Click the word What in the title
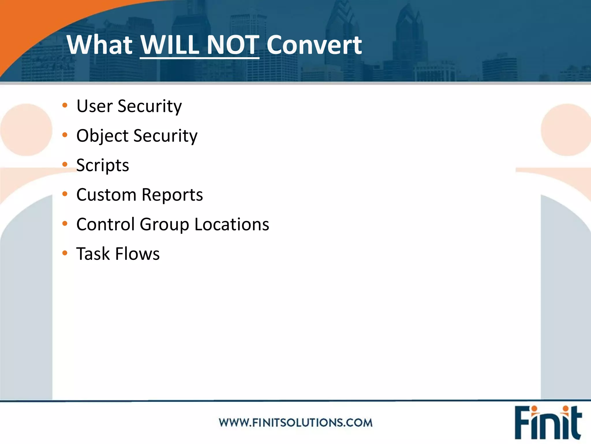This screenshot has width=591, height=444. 99,45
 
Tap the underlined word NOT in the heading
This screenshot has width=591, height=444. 233,45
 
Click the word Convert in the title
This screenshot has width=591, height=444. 314,45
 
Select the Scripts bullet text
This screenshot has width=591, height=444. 102,165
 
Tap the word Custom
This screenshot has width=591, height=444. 106,195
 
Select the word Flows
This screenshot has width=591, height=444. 137,254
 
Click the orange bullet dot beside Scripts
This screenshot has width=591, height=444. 65,164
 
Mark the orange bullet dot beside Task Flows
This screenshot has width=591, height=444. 65,253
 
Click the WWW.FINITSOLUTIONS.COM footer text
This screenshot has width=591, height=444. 295,423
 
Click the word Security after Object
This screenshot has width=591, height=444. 165,136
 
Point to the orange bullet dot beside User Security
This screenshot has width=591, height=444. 65,105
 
